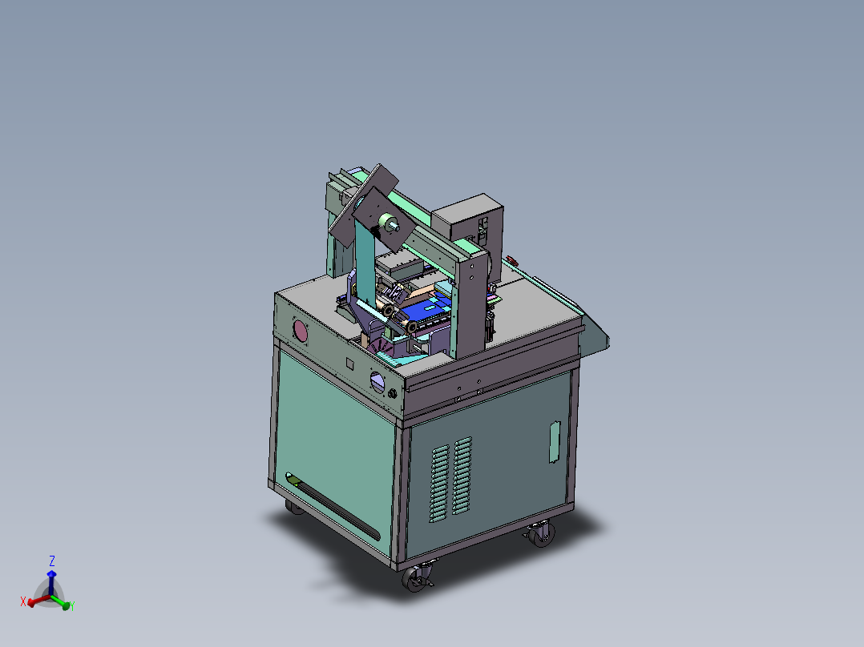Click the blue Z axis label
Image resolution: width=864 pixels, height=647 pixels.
coord(52,561)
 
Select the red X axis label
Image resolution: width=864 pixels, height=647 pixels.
coord(23,601)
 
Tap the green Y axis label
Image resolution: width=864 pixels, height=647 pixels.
coord(72,607)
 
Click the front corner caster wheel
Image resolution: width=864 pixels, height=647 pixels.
coord(417,578)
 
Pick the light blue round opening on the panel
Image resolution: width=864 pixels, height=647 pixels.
coord(377,382)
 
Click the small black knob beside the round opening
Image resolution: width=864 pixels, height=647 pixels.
coord(393,395)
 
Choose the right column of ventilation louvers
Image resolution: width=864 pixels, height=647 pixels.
coord(462,475)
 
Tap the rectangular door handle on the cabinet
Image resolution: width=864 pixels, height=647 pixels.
coord(553,442)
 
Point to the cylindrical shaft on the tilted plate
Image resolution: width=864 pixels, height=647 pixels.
coord(390,225)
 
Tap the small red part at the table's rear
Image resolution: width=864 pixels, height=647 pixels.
coord(511,260)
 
